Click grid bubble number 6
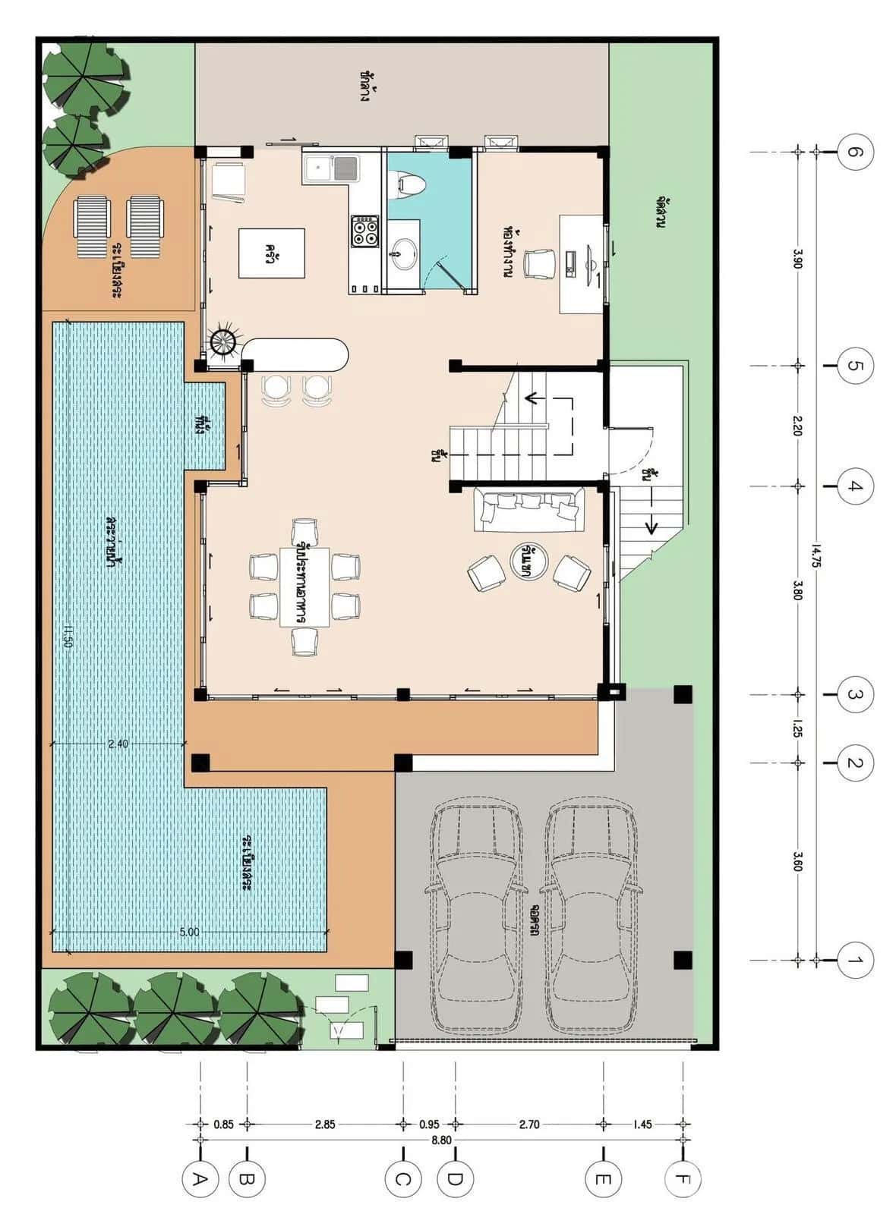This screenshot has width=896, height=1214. tap(855, 153)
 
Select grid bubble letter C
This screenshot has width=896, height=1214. tap(402, 1180)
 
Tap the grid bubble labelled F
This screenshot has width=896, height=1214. tap(682, 1180)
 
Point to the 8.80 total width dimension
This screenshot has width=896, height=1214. tap(440, 1140)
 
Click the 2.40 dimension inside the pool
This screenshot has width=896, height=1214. tap(118, 744)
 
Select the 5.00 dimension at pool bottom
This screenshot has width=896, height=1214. tap(189, 932)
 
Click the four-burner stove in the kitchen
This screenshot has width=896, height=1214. tap(365, 231)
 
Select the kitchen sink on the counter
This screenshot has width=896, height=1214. tap(331, 167)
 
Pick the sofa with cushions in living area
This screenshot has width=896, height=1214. tap(529, 509)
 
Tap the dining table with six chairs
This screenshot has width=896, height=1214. tap(304, 587)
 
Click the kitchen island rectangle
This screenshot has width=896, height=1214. tap(272, 253)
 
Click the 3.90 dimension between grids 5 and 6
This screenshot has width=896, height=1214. tap(797, 259)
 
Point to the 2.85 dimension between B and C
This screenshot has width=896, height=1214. tap(325, 1124)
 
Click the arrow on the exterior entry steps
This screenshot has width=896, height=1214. tap(651, 524)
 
